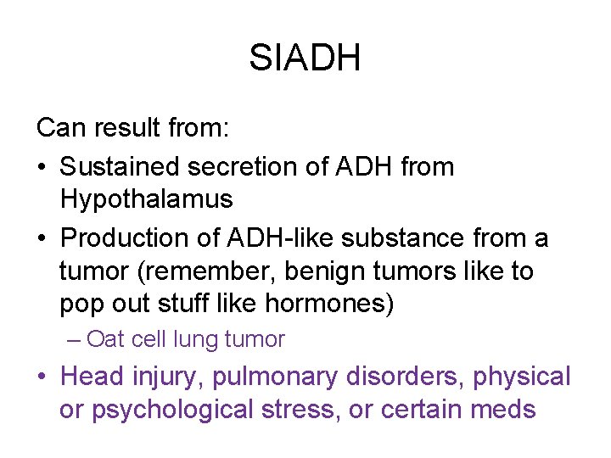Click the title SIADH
[305, 59]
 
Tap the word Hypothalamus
[146, 200]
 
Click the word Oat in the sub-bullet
[105, 340]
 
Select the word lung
[195, 340]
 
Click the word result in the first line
[124, 128]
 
